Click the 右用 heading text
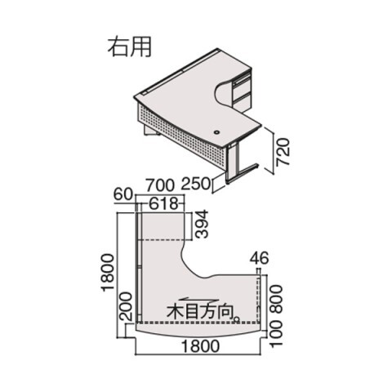pyautogui.click(x=129, y=47)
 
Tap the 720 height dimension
pyautogui.click(x=283, y=152)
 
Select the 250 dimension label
pyautogui.click(x=196, y=184)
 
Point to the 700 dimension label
pyautogui.click(x=159, y=185)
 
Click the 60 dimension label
pyautogui.click(x=122, y=194)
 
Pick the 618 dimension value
pyautogui.click(x=163, y=203)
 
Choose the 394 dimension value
pyautogui.click(x=202, y=225)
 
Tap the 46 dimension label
pyautogui.click(x=260, y=258)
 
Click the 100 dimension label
pyautogui.click(x=276, y=334)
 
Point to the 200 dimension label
pyautogui.click(x=127, y=307)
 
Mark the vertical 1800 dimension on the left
pyautogui.click(x=108, y=273)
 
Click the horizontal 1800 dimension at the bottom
pyautogui.click(x=200, y=346)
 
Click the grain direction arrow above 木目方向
pyautogui.click(x=198, y=300)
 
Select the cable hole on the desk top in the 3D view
pyautogui.click(x=217, y=132)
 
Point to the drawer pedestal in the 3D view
pyautogui.click(x=241, y=87)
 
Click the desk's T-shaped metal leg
pyautogui.click(x=239, y=163)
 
